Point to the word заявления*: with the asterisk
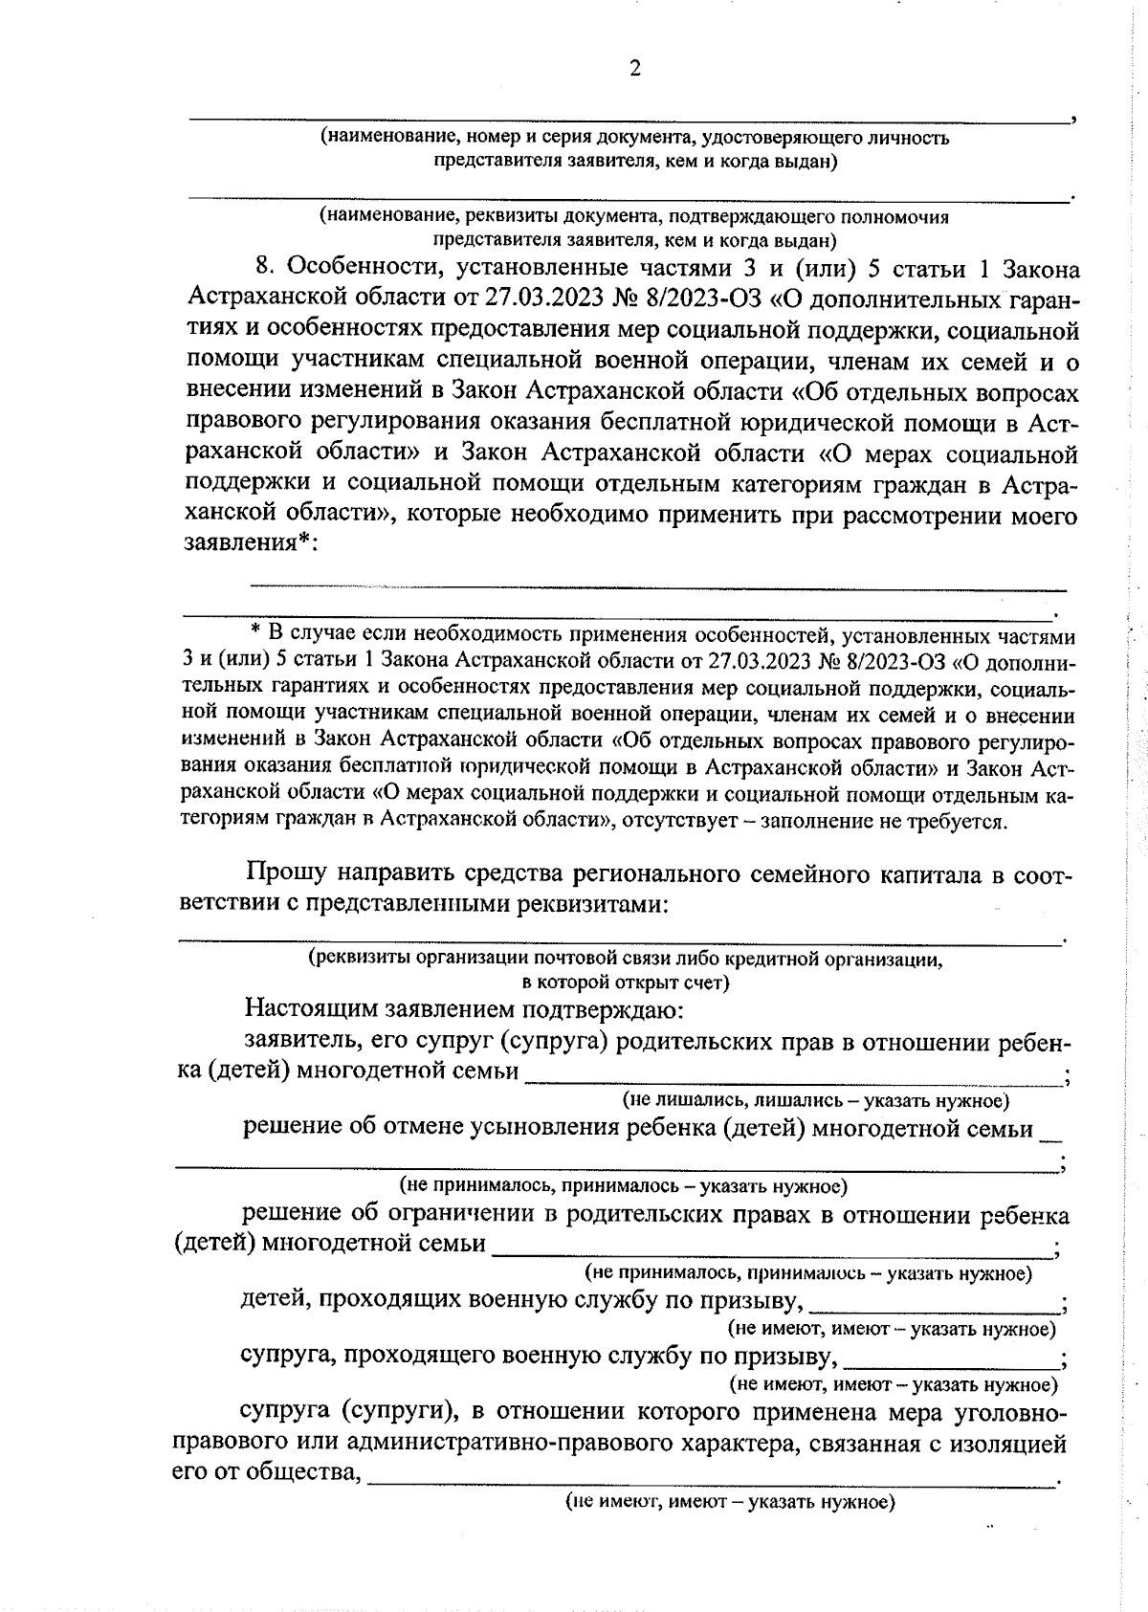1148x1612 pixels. tap(250, 543)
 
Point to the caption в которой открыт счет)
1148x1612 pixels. tap(626, 983)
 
